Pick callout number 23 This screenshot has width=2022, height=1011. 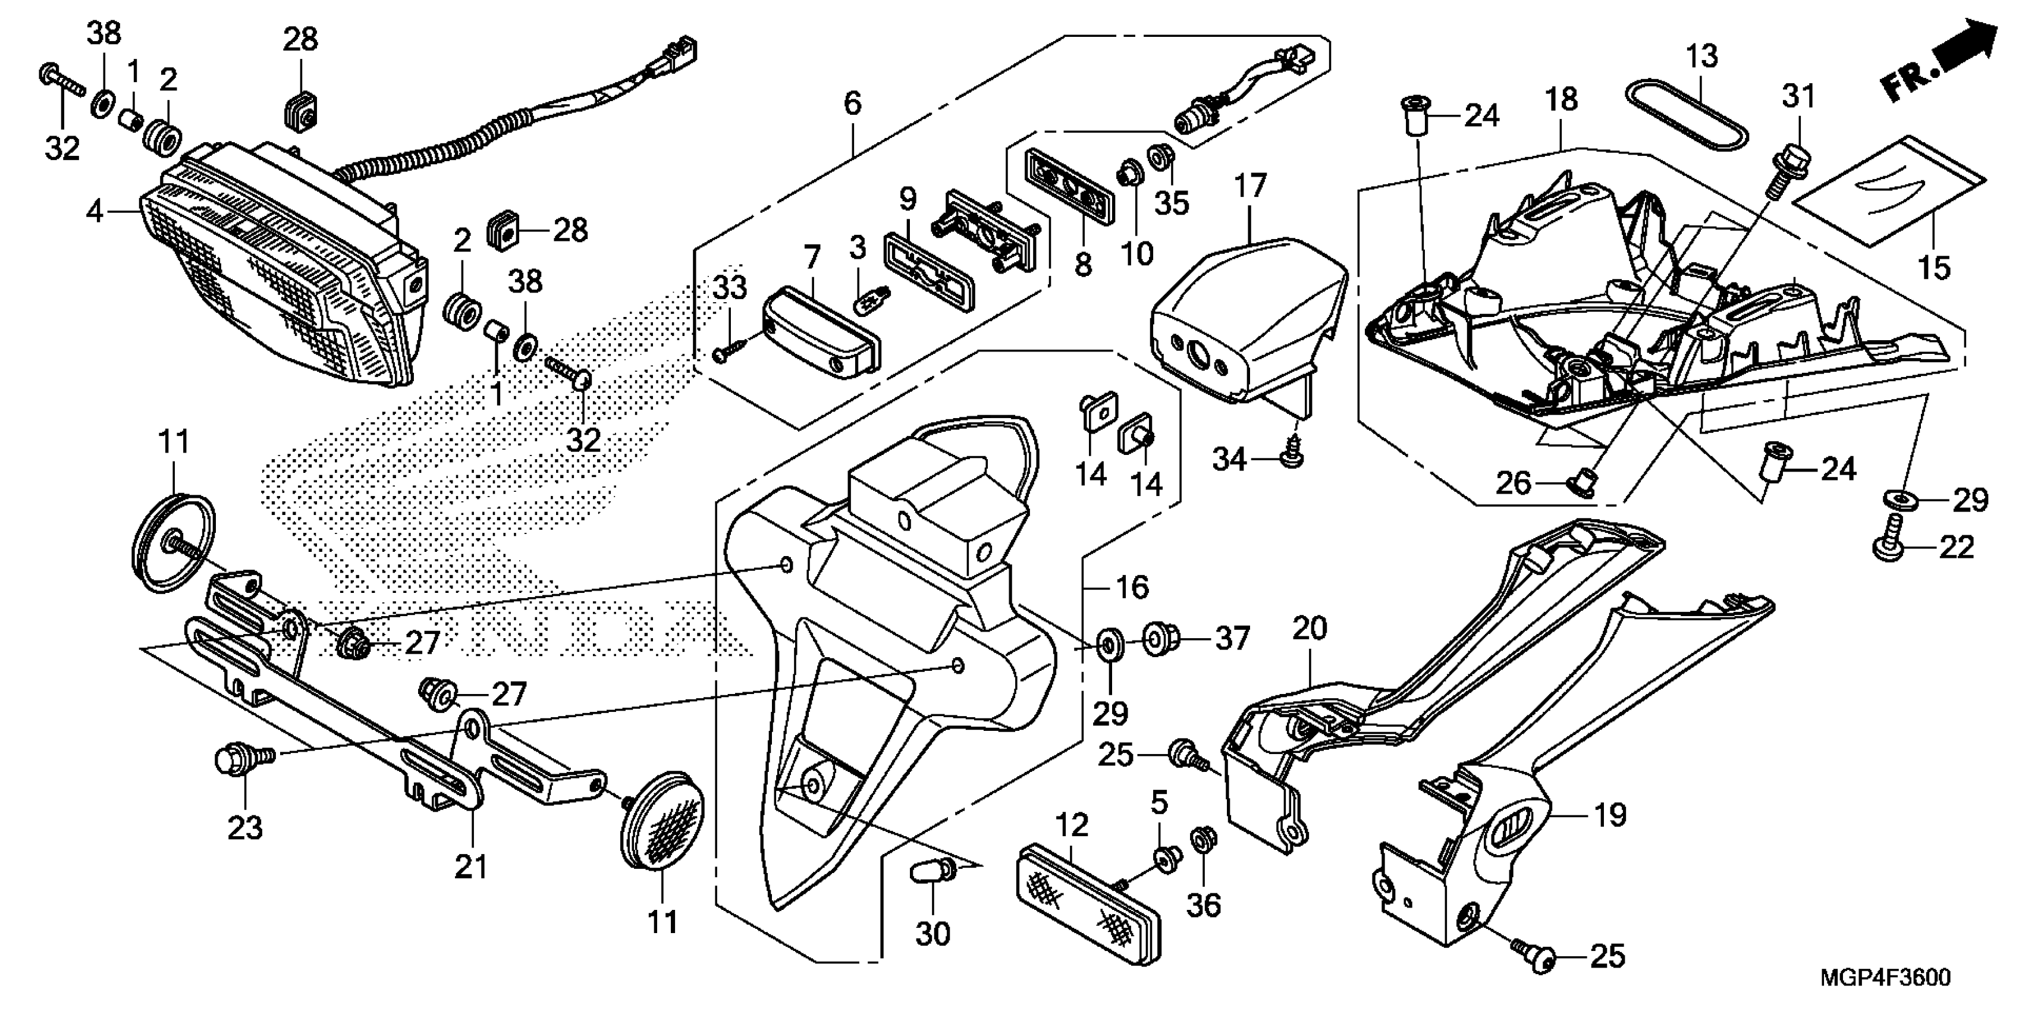[x=245, y=828]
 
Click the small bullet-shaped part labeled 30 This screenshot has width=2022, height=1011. [x=932, y=873]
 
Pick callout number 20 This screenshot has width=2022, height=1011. [x=1310, y=628]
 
